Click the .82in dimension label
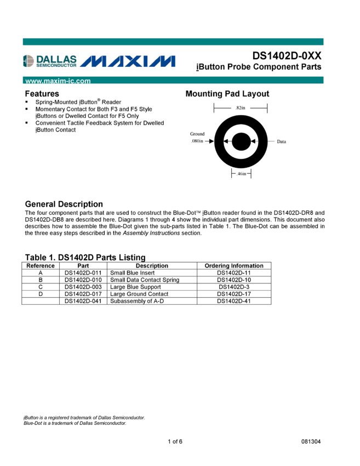pyautogui.click(x=240, y=108)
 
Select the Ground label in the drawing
pyautogui.click(x=197, y=134)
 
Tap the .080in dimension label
pyautogui.click(x=197, y=141)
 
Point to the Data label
pyautogui.click(x=282, y=141)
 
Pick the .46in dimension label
pyautogui.click(x=241, y=174)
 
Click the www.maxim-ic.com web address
pyautogui.click(x=58, y=81)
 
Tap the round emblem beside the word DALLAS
pyautogui.click(x=28, y=61)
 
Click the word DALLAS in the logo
pyautogui.click(x=56, y=59)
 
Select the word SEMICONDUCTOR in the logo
pyautogui.click(x=56, y=65)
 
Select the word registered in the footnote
pyautogui.click(x=61, y=418)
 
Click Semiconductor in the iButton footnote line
pyautogui.click(x=129, y=418)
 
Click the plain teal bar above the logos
pyautogui.click(x=173, y=42)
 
